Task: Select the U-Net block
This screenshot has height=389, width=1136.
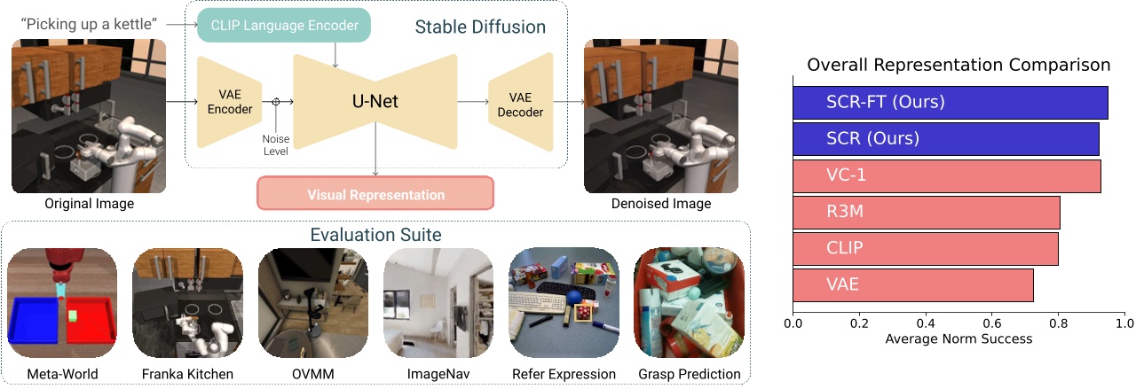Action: coord(374,101)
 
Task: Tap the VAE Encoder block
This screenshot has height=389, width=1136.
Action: coord(230,103)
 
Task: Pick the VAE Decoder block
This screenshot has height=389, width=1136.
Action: coord(519,105)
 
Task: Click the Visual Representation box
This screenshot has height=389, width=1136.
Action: coord(375,194)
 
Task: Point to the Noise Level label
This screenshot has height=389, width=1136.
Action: coord(276,144)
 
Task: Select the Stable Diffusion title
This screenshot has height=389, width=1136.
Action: coord(480,27)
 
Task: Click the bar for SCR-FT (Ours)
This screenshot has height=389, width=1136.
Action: coord(950,102)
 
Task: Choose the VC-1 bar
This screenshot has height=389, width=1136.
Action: coord(946,175)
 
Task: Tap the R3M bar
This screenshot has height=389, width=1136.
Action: coord(926,213)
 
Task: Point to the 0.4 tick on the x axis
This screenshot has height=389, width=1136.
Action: coord(926,323)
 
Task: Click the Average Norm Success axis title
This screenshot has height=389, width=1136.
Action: coord(958,339)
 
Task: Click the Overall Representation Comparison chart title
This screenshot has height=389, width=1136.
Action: coord(958,66)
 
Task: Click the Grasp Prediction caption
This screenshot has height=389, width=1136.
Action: coord(690,374)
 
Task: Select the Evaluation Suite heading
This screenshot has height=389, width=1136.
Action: coord(375,235)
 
